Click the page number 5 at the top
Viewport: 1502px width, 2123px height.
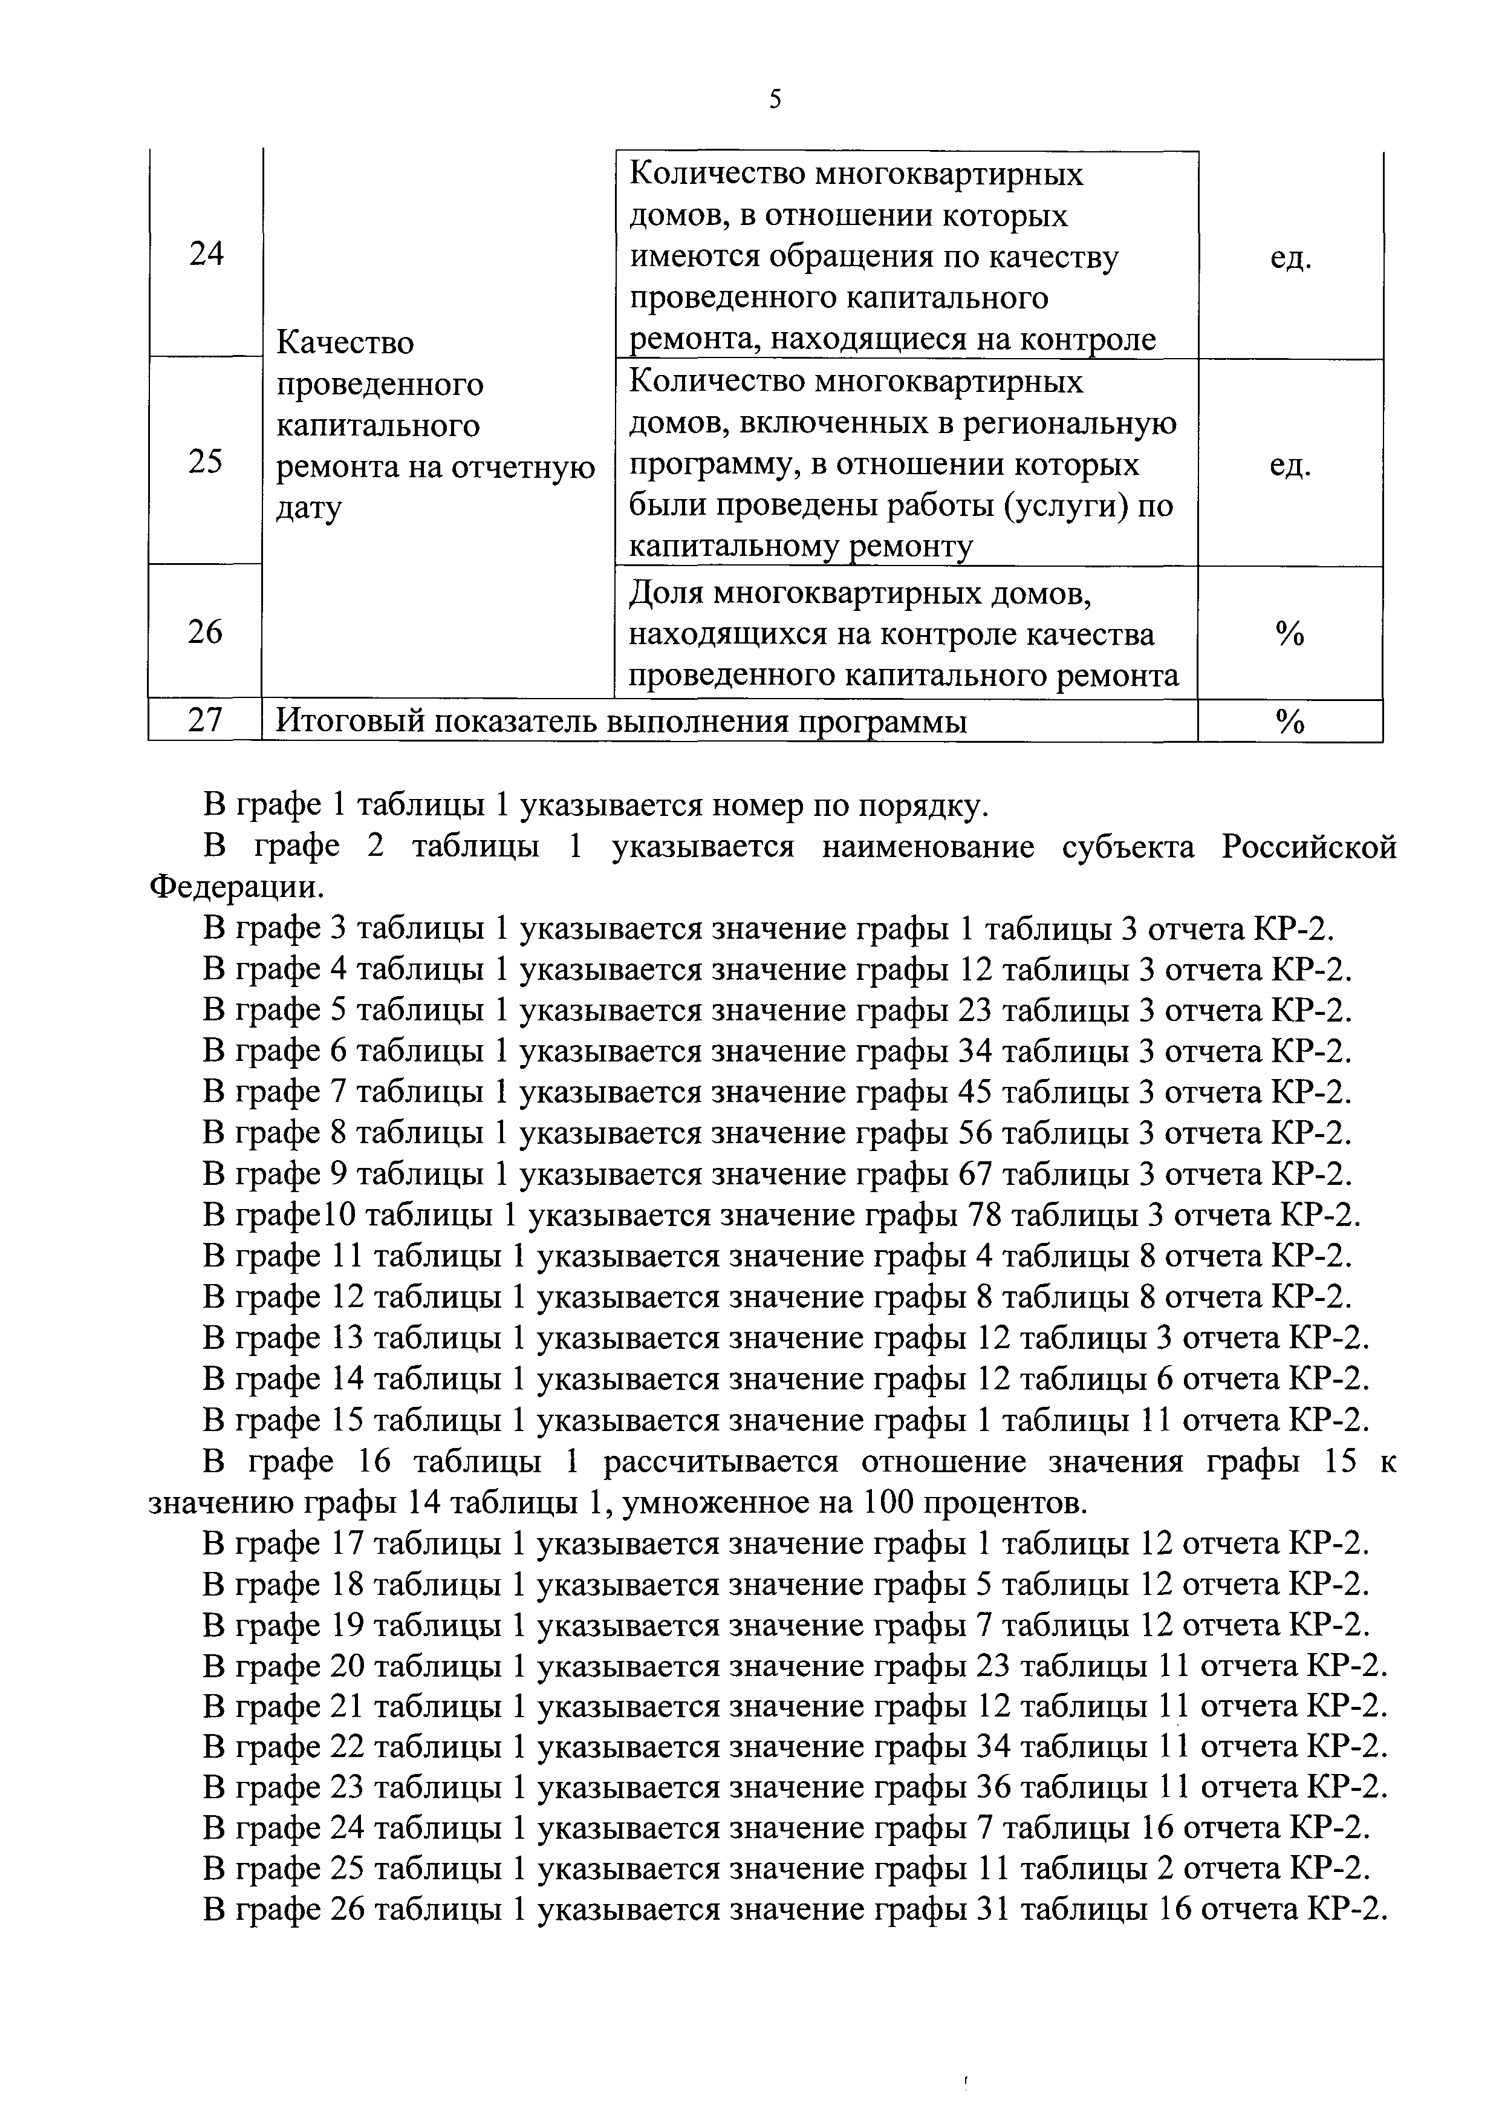[775, 99]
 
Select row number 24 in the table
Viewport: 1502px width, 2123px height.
[206, 253]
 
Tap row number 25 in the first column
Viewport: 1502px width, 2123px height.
[206, 461]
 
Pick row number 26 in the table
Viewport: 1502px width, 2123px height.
[206, 632]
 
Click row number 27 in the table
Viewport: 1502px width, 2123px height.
[206, 720]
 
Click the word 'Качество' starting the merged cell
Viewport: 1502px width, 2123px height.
[346, 343]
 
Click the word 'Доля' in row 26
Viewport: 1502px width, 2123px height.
[666, 593]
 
